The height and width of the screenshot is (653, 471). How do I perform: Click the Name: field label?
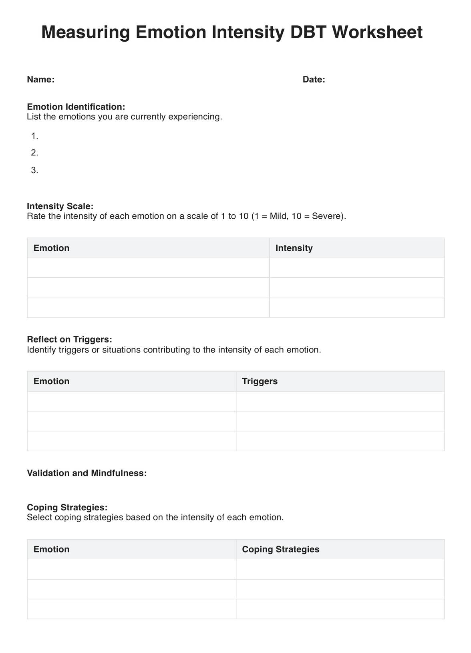[40, 79]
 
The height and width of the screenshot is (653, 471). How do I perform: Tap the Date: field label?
[314, 79]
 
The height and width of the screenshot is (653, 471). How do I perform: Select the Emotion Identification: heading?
[76, 107]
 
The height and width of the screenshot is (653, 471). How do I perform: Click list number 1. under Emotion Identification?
[34, 136]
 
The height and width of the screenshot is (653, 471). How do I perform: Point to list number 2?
[34, 152]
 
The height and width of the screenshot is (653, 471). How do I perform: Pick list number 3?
[34, 170]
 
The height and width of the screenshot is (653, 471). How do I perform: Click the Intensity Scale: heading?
[60, 206]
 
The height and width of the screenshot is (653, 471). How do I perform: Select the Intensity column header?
[294, 248]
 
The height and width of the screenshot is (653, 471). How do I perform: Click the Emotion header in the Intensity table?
[51, 248]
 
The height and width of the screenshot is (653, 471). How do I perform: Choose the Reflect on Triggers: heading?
[69, 339]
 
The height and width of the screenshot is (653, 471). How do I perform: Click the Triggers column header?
[260, 381]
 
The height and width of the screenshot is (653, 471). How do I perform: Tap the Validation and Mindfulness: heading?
[87, 473]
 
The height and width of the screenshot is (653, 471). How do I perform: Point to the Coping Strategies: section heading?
[67, 507]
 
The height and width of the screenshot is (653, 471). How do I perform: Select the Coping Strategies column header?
[280, 549]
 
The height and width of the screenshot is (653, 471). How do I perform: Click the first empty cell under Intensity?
[356, 268]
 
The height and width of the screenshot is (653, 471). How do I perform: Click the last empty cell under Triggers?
[340, 441]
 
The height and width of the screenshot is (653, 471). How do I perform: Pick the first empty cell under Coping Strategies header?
[340, 569]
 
